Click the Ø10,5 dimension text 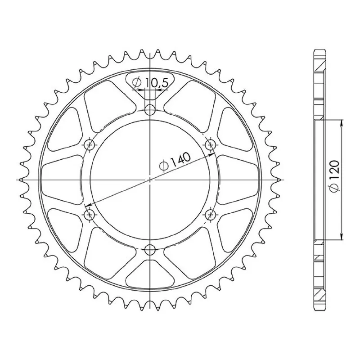[151, 83]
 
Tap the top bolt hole [150, 110]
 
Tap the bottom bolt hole [150, 249]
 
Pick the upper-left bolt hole [90, 144]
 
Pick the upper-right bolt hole [210, 144]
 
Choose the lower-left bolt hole [90, 215]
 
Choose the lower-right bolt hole [210, 215]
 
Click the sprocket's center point [150, 180]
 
